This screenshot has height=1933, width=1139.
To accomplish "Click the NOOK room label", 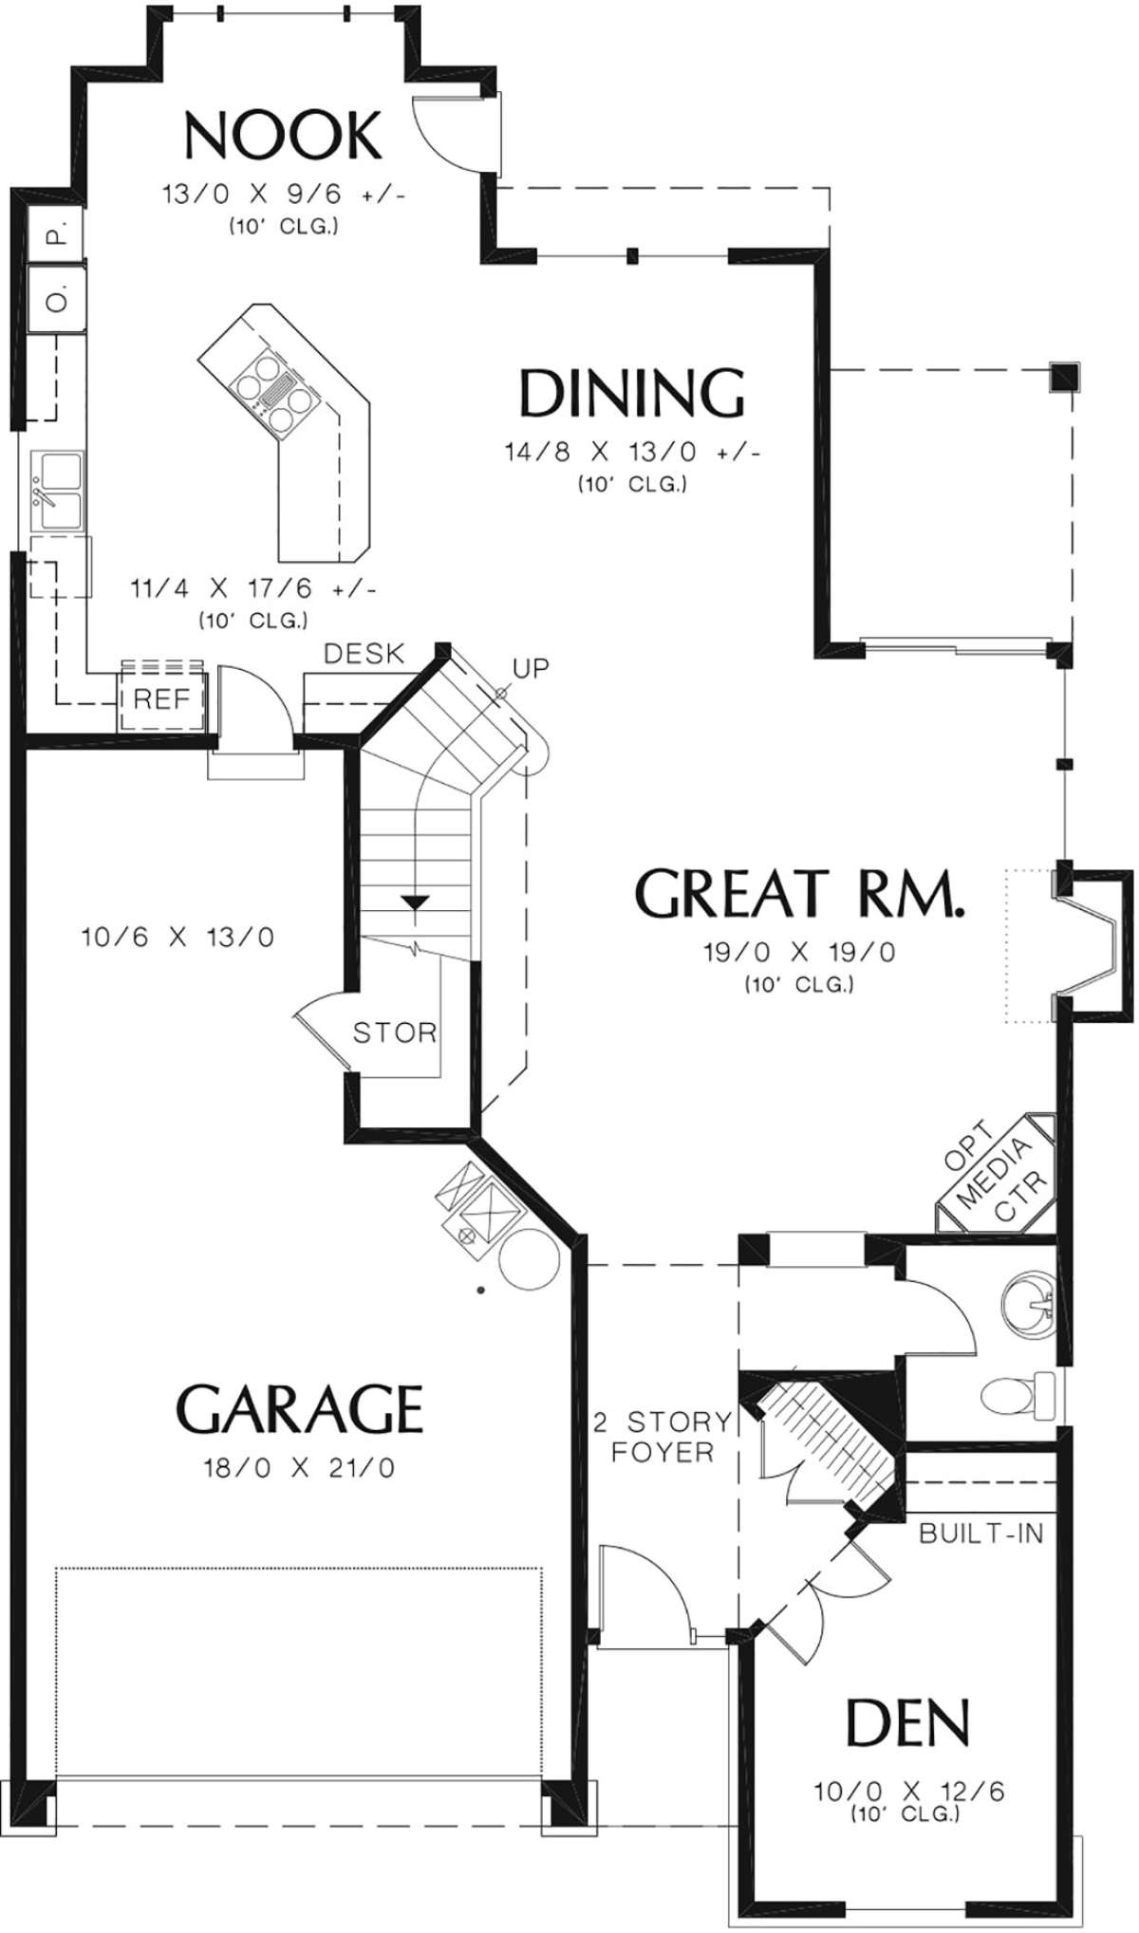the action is pyautogui.click(x=283, y=136).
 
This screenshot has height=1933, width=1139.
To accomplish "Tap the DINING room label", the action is pyautogui.click(x=631, y=393).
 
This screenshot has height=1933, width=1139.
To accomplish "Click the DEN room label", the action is pyautogui.click(x=908, y=1721).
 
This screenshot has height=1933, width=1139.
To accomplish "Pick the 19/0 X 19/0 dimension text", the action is pyautogui.click(x=799, y=952).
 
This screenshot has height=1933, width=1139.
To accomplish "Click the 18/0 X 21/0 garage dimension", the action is pyautogui.click(x=299, y=1468).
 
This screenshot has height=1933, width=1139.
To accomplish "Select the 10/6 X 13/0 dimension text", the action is pyautogui.click(x=178, y=938).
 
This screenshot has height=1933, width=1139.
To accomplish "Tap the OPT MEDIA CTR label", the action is pyautogui.click(x=997, y=1169).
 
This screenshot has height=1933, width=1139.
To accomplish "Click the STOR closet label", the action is pyautogui.click(x=395, y=1032).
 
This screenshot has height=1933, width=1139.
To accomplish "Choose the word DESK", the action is pyautogui.click(x=364, y=654).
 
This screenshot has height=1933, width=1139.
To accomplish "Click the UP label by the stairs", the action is pyautogui.click(x=532, y=668).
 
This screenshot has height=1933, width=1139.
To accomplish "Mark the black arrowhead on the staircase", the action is pyautogui.click(x=414, y=902).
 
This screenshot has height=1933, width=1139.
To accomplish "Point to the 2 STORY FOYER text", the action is pyautogui.click(x=663, y=1436).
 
